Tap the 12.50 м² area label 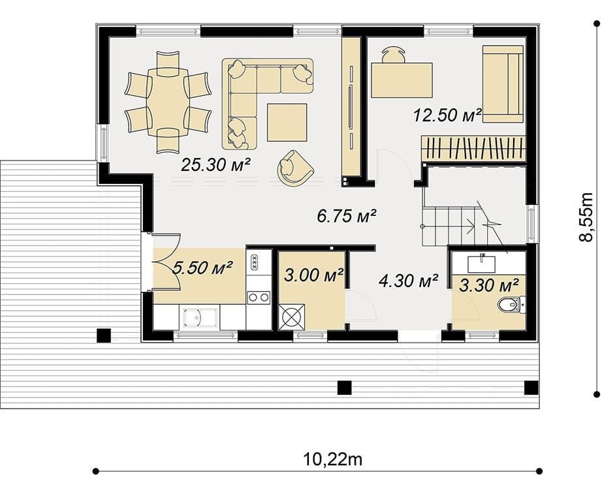pos(448,115)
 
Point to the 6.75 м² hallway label pos(346,216)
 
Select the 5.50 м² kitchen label pos(202,268)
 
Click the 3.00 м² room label pos(313,275)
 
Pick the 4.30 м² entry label pos(408,281)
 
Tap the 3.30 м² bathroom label pos(489,285)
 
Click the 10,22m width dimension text pos(332,459)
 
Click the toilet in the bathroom pos(511,305)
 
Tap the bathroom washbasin pos(481,264)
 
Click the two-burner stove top pos(259,297)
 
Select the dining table pos(168,102)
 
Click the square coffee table pos(287,123)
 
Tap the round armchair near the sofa pos(295,168)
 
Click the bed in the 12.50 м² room pos(503,84)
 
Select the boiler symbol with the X pos(291,317)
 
